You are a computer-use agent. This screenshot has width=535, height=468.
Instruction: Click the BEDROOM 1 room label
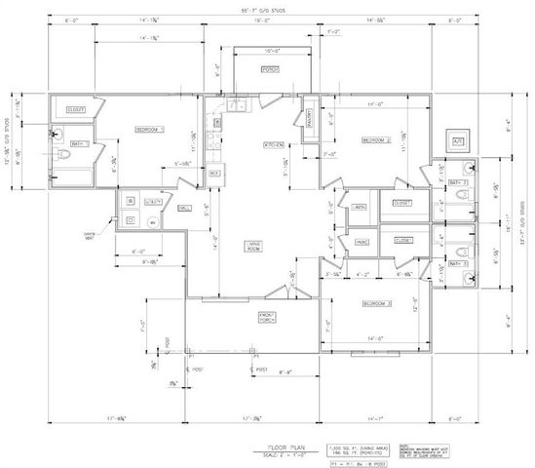tap(149, 129)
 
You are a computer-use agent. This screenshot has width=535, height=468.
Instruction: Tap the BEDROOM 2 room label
tap(376, 140)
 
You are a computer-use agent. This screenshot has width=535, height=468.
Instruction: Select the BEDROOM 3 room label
tap(376, 304)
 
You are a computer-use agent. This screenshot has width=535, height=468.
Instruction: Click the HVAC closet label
tap(362, 242)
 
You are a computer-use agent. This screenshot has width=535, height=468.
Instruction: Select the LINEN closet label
tap(359, 207)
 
